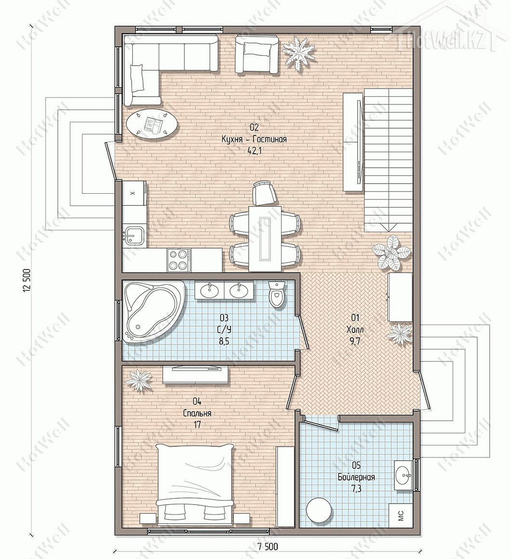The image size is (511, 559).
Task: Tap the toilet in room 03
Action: point(277,294)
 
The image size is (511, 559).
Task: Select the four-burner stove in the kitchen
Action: point(179,260)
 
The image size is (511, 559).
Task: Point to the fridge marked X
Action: point(134,193)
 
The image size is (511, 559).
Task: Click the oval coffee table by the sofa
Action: point(151,124)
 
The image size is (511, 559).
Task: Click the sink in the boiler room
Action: point(404,475)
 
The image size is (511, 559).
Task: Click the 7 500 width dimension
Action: point(266,546)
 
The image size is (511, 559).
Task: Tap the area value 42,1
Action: point(254,151)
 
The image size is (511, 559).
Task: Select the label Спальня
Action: point(197,413)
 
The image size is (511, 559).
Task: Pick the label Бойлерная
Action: point(356,477)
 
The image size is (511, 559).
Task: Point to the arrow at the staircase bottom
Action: point(389,227)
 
